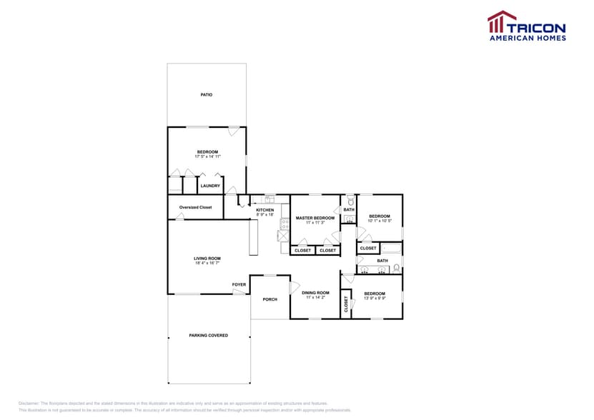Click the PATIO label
206,94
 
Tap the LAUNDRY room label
210,186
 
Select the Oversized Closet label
195,207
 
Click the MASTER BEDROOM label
315,217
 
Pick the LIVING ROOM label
207,259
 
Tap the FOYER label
239,284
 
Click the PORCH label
269,299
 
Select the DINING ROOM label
315,292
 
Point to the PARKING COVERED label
209,335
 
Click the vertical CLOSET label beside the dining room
346,304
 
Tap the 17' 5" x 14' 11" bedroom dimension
207,156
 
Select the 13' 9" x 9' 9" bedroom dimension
375,298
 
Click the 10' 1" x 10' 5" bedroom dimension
380,221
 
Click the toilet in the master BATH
350,202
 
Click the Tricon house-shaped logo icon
502,21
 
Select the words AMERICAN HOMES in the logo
527,38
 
